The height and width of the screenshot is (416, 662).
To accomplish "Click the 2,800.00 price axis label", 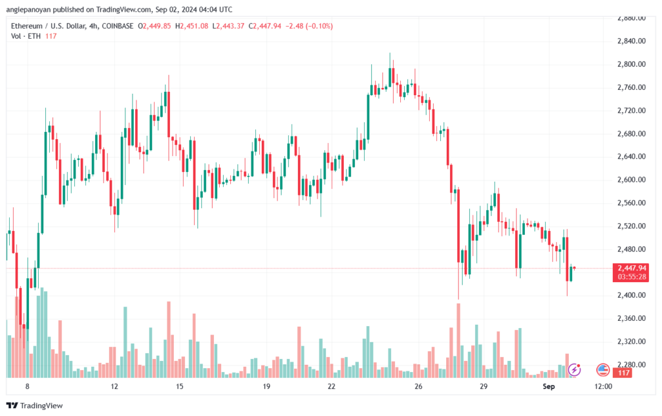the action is click(x=631, y=64).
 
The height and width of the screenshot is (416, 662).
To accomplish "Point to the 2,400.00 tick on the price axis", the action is click(x=631, y=295).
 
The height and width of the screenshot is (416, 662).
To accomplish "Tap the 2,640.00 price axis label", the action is click(x=631, y=157).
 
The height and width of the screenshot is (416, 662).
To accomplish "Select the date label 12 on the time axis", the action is click(x=114, y=386).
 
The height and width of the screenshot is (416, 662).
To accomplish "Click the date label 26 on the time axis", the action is click(x=418, y=386).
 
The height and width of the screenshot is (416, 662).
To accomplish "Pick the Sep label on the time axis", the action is click(x=548, y=386).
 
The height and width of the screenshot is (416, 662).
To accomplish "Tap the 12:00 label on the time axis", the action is click(x=603, y=386).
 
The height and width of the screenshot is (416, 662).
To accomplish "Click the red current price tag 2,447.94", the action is click(x=632, y=268).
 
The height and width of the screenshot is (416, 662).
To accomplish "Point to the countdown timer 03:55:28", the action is click(x=632, y=277).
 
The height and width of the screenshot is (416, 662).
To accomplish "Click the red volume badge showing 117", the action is click(x=624, y=373).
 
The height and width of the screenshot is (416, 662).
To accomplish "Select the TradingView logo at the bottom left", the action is click(x=35, y=406).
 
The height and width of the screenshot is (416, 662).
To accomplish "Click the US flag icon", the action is click(x=603, y=370).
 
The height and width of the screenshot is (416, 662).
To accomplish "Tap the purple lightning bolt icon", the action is click(x=574, y=370).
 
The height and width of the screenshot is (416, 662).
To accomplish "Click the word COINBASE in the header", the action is click(x=118, y=26).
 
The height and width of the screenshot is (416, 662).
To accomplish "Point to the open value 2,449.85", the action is click(x=156, y=26).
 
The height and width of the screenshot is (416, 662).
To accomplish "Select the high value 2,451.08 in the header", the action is click(x=194, y=26).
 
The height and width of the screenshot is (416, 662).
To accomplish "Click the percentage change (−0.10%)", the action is click(x=319, y=26).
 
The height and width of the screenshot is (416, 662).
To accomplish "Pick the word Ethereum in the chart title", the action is click(x=27, y=26).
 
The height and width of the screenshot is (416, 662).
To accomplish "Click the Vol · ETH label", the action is click(x=26, y=36).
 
